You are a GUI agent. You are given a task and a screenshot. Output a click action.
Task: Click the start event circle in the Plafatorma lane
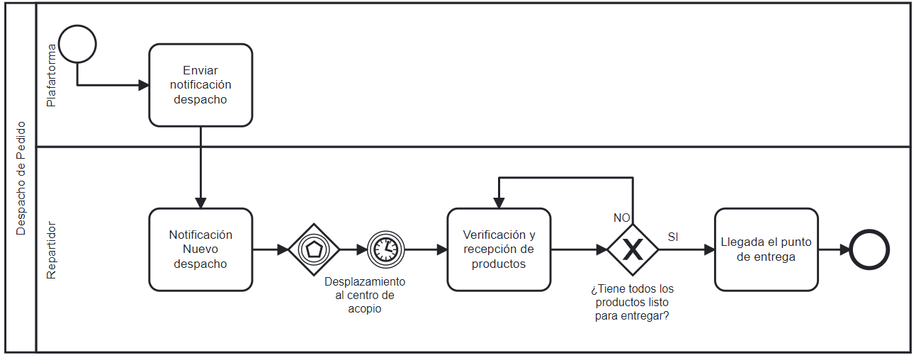click(x=77, y=44)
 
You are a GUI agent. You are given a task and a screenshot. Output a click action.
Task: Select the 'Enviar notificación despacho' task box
click(x=200, y=85)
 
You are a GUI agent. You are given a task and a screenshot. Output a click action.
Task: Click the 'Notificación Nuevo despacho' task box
click(x=200, y=249)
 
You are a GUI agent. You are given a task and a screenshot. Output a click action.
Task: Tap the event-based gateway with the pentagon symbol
click(x=314, y=249)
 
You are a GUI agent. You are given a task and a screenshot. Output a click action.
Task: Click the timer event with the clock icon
click(x=385, y=249)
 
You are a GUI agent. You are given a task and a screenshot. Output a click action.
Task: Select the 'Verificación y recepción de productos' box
click(x=499, y=249)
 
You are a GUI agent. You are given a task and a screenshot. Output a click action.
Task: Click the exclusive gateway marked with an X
click(x=633, y=249)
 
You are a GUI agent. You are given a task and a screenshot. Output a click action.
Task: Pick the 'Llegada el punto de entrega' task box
click(x=766, y=249)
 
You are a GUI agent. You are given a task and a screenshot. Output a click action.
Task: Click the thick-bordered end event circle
click(x=869, y=249)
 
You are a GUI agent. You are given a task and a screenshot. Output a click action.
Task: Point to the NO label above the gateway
click(x=621, y=218)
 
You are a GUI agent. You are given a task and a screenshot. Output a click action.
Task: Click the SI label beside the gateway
click(x=673, y=237)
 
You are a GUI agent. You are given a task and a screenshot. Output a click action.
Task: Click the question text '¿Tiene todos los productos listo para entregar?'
click(x=632, y=303)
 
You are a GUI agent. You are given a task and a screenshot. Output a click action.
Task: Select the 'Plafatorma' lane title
click(x=51, y=75)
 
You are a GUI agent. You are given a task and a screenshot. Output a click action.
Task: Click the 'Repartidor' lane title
click(x=51, y=249)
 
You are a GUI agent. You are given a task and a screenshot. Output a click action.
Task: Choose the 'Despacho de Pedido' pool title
click(x=21, y=178)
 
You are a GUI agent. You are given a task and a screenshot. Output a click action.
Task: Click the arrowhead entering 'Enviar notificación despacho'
click(x=144, y=85)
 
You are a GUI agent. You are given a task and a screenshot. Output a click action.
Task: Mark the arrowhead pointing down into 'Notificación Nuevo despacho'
click(x=200, y=203)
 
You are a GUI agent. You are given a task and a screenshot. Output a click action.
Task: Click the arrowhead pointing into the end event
click(x=844, y=249)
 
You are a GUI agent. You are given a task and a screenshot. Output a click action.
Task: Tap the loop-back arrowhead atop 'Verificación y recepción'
click(x=499, y=203)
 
